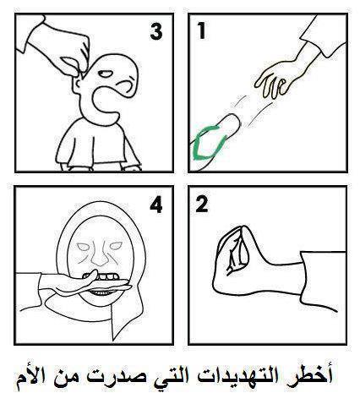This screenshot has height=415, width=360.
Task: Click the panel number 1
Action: (x=201, y=30)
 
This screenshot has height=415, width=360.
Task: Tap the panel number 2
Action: (x=202, y=204)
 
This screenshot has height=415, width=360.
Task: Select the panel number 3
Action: (x=156, y=31)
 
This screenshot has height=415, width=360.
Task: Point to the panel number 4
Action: (x=156, y=205)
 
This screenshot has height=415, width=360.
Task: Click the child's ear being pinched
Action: (x=78, y=85)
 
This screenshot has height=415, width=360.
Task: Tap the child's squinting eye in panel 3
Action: (x=106, y=74)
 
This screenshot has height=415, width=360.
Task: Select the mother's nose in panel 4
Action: (x=99, y=255)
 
